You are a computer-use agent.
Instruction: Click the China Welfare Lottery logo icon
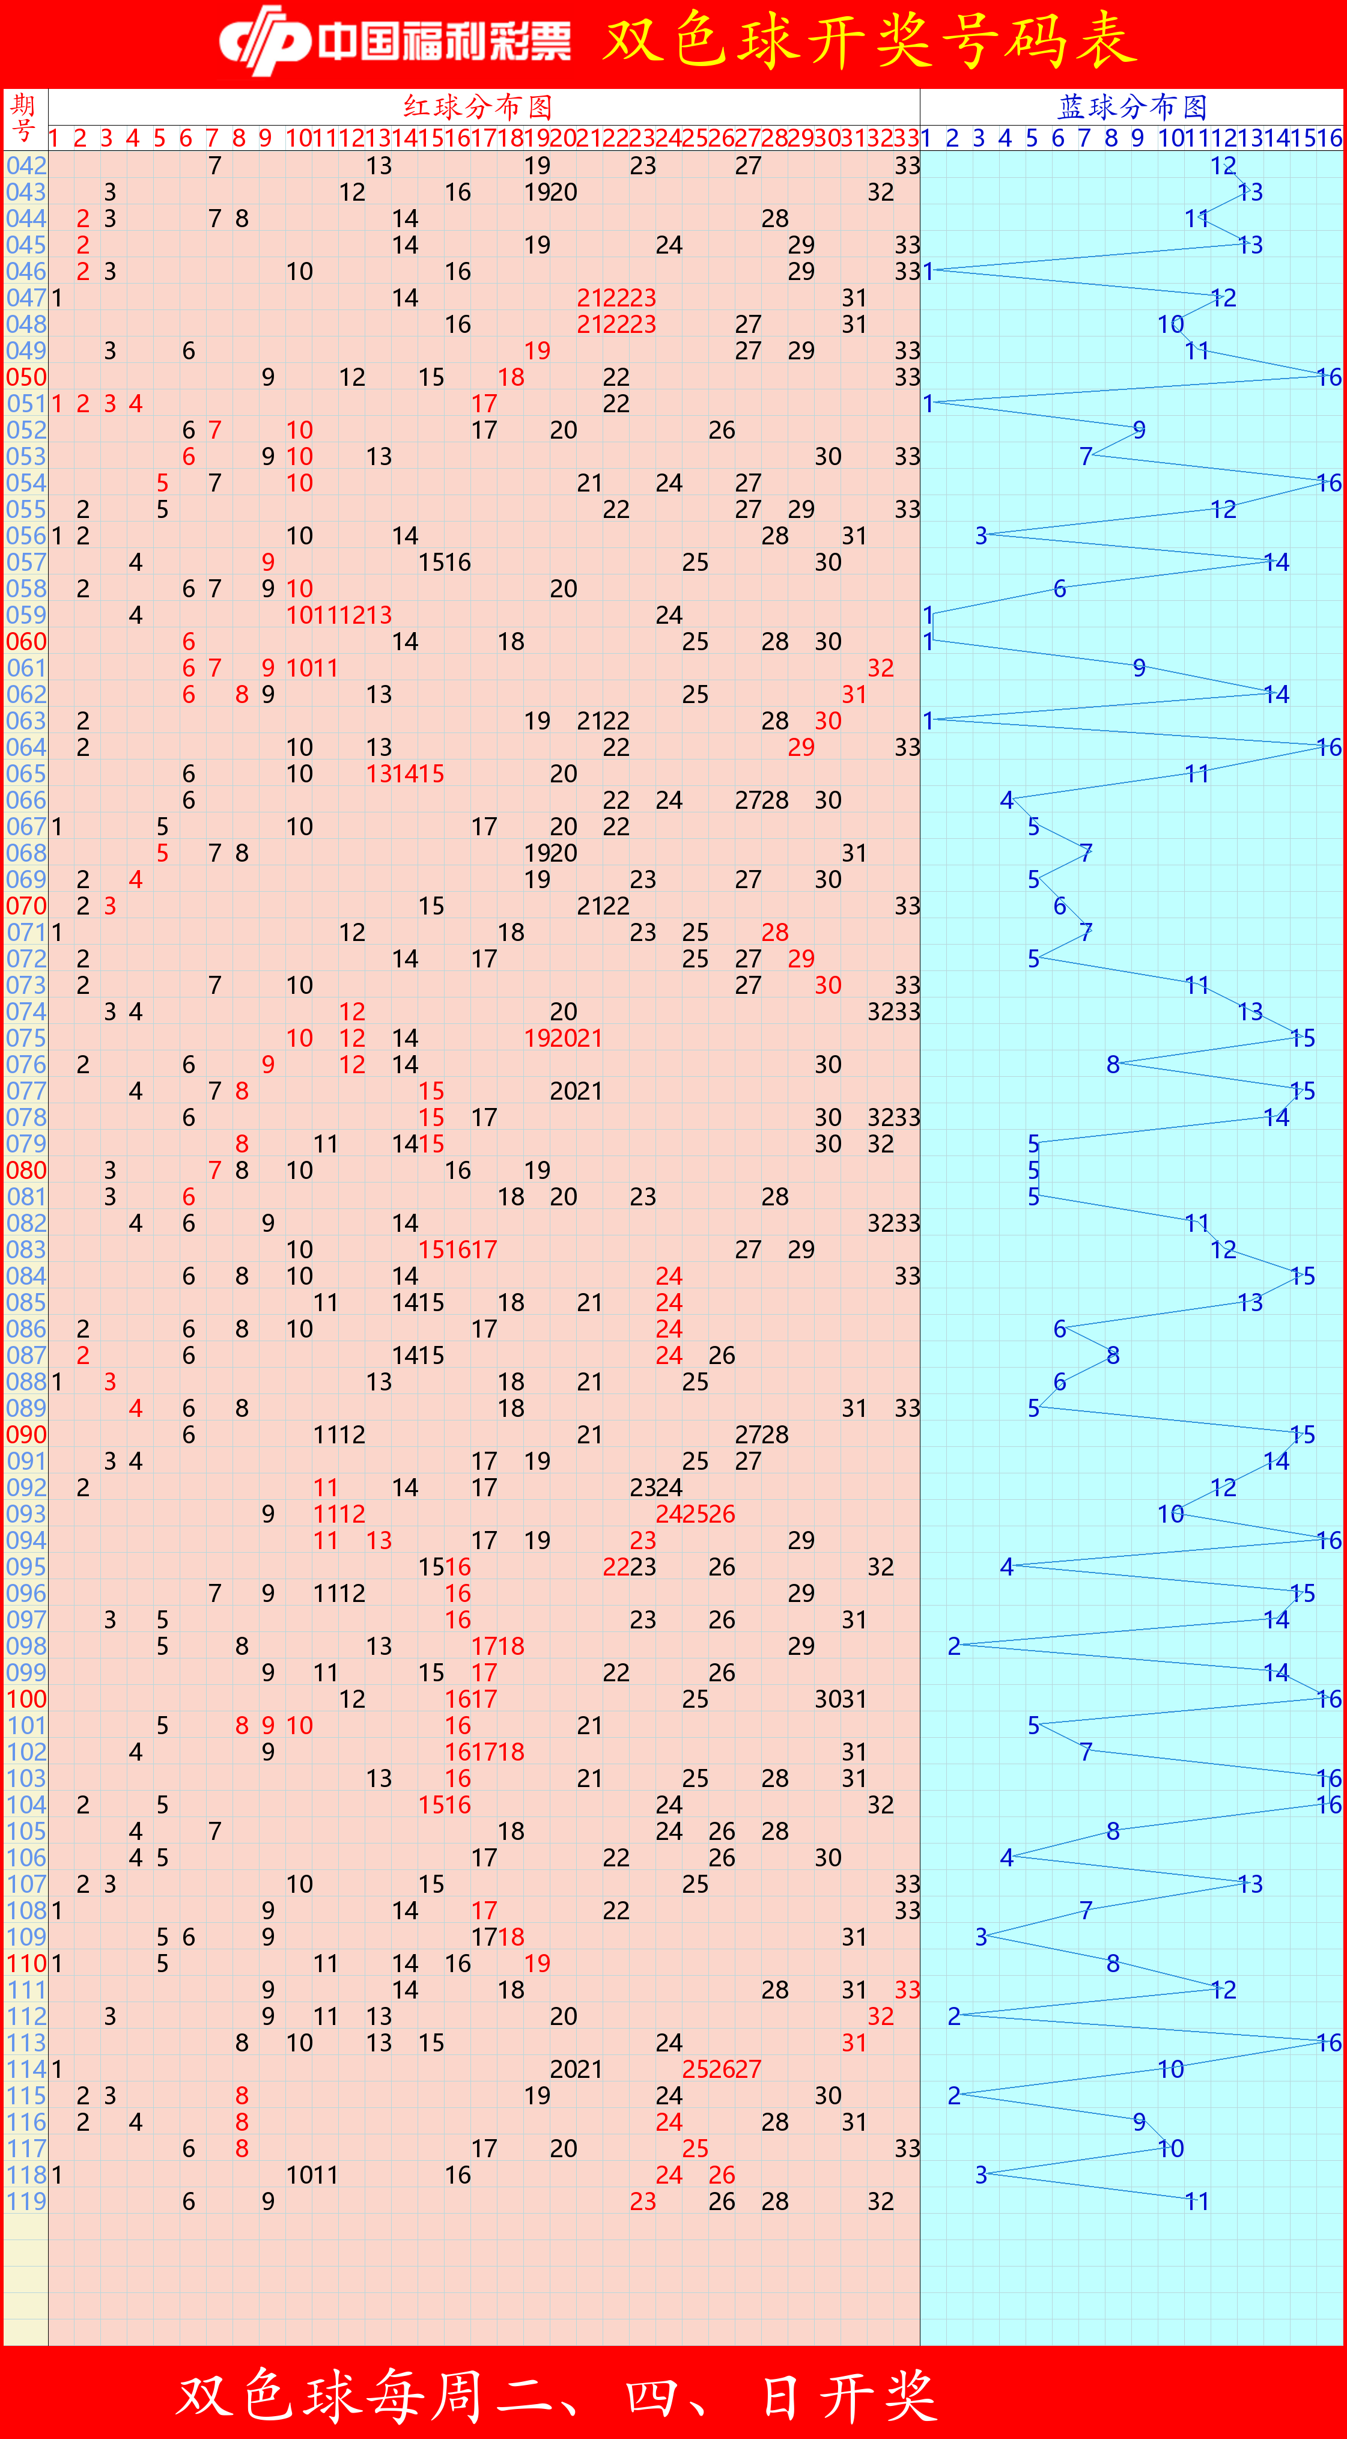point(264,41)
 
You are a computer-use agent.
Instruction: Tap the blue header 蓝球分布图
point(1132,106)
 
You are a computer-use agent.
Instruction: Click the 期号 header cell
point(25,118)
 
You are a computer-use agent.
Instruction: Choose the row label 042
point(26,166)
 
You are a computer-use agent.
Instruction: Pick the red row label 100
point(26,1699)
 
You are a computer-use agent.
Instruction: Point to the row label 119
point(26,2201)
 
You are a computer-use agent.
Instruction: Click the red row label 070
point(26,906)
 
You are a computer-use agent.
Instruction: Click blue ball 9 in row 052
point(1139,430)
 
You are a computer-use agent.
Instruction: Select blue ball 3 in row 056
point(981,536)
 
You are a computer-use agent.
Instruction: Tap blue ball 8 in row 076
point(1113,1064)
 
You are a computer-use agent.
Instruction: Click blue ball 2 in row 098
point(954,1646)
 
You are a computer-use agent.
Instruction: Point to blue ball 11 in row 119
point(1196,2201)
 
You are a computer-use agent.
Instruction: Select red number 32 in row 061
point(880,668)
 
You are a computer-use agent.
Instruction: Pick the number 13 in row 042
point(379,166)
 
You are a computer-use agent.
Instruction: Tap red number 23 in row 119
point(643,2201)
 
